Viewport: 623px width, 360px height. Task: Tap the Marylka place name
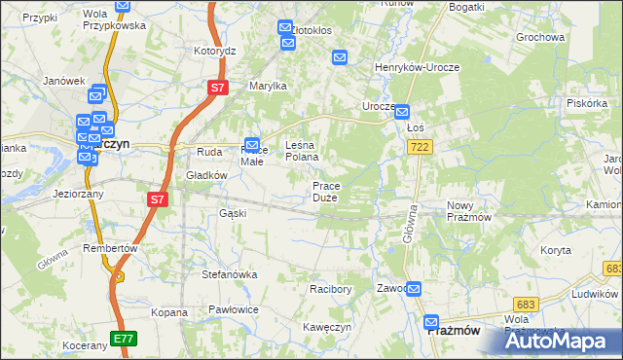point(268,87)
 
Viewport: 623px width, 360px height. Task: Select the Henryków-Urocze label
point(418,67)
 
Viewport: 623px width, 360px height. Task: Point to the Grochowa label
point(541,38)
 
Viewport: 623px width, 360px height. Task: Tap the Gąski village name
point(233,213)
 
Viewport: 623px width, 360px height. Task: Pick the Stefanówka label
point(230,274)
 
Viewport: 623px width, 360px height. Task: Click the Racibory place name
point(330,289)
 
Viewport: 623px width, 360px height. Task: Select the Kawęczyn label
point(326,327)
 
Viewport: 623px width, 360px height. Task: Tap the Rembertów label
point(110,248)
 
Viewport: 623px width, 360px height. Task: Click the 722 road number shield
point(421,146)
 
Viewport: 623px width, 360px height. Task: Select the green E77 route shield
point(124,339)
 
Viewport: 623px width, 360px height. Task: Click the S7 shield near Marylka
point(218,89)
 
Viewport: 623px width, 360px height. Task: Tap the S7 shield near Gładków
point(158,199)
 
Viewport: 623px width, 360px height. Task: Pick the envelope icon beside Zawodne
point(415,289)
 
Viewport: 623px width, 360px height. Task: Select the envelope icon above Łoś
point(402,112)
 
